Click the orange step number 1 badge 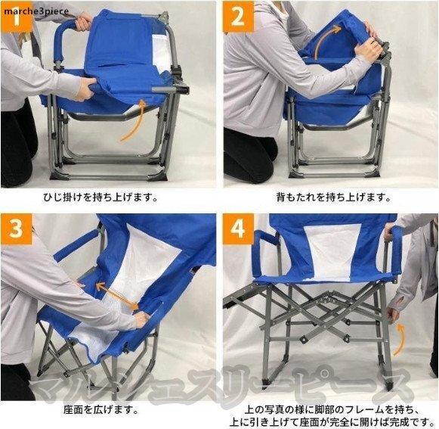pyautogui.click(x=16, y=17)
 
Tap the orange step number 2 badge pyautogui.click(x=239, y=17)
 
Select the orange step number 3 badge pyautogui.click(x=16, y=228)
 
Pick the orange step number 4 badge pyautogui.click(x=239, y=228)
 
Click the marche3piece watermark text pyautogui.click(x=36, y=11)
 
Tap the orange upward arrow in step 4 pyautogui.click(x=400, y=340)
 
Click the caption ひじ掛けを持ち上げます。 pyautogui.click(x=101, y=197)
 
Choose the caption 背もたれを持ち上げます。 pyautogui.click(x=333, y=197)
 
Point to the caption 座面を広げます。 pyautogui.click(x=101, y=410)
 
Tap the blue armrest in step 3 pyautogui.click(x=76, y=245)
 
